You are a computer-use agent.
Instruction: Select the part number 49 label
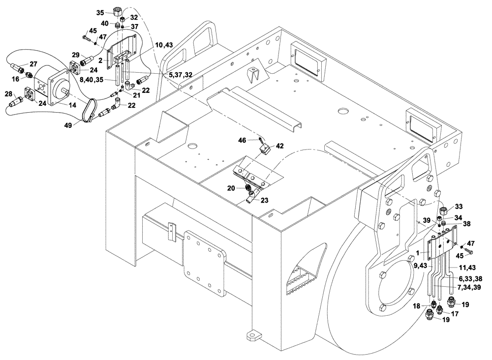point(68,125)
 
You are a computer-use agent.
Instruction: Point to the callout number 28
point(8,94)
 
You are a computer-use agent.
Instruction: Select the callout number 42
point(279,146)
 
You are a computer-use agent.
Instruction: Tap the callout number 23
point(265,200)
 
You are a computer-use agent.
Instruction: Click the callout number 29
point(76,54)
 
